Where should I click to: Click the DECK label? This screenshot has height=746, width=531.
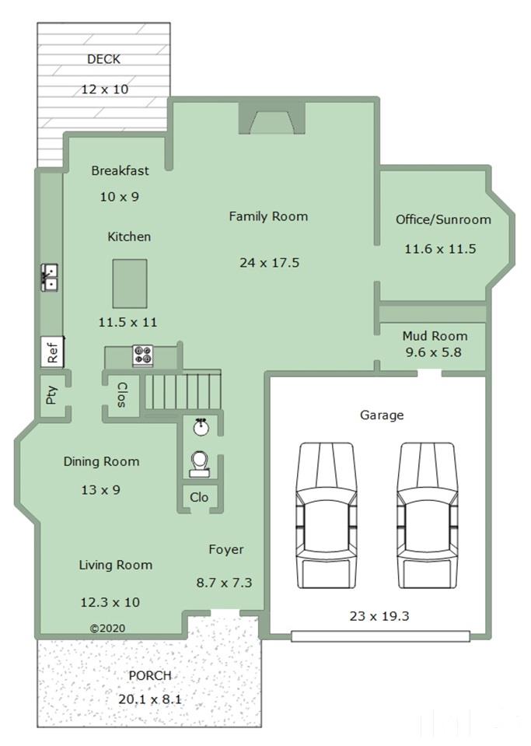click(103, 59)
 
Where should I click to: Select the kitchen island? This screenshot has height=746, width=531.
click(130, 284)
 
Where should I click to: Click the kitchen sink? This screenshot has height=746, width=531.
click(50, 278)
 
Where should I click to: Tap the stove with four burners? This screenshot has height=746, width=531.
click(142, 355)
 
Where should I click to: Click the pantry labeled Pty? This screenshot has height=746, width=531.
click(52, 394)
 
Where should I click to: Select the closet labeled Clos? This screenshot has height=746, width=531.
click(121, 395)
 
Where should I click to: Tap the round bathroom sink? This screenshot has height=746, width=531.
click(201, 427)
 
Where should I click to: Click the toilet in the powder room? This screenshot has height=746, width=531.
click(199, 464)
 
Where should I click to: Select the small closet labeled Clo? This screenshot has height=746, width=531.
click(199, 498)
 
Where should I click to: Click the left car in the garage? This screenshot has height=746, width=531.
click(326, 515)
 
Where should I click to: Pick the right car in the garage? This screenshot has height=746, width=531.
click(427, 515)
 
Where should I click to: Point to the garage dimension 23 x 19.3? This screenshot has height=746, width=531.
click(379, 616)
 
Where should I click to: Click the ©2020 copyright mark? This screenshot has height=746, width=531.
click(108, 628)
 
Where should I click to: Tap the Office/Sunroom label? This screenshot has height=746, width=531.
click(443, 219)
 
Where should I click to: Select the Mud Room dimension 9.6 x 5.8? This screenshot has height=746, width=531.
click(434, 352)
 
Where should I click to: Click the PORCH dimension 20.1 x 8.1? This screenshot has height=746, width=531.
click(150, 699)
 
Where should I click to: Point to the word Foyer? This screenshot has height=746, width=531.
click(226, 549)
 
